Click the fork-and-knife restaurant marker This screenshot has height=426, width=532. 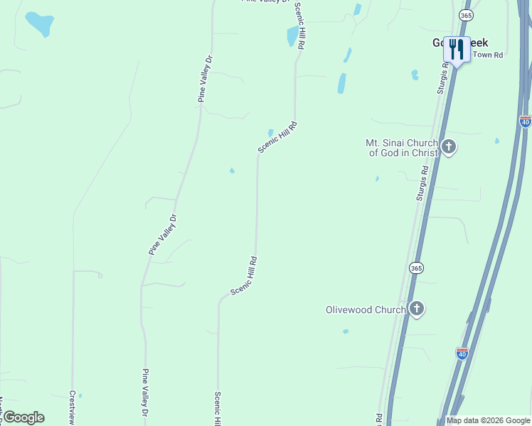pos(457,49)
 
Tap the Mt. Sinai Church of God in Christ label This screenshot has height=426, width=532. pos(402,148)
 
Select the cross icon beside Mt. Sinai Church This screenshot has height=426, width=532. pos(449,148)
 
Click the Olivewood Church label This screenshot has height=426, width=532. pos(366,310)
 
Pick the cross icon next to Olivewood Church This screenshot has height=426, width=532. pos(417,309)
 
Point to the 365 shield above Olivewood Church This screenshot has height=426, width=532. pos(416,268)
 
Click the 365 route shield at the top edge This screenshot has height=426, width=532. pos(466,15)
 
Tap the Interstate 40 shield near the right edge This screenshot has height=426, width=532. pos(525,121)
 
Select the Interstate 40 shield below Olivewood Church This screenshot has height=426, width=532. pos(462,353)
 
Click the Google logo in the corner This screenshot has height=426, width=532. pos(23,417)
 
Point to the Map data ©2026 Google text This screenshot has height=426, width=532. pos(487,420)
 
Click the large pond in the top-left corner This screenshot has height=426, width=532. pos(39,23)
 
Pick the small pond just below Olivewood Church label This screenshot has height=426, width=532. pos(346,332)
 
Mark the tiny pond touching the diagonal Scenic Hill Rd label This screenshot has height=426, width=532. pos(270,133)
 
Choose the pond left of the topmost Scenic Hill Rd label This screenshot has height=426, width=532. pos(292,35)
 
